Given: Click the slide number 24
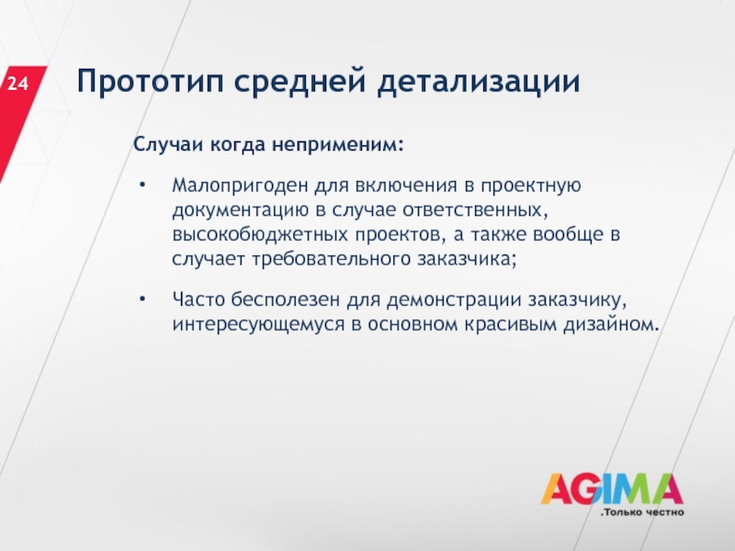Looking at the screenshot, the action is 17,84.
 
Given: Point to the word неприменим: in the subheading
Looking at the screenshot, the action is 338,144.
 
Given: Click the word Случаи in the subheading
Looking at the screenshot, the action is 168,144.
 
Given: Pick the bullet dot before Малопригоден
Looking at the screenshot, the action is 142,186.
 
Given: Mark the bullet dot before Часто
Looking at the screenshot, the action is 142,298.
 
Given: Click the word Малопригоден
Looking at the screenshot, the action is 240,186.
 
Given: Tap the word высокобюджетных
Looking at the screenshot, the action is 260,234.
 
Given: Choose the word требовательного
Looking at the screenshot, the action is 332,259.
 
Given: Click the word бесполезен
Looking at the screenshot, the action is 286,299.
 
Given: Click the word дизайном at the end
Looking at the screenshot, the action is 611,324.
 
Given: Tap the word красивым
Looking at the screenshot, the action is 510,324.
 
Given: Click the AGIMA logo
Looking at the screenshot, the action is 612,489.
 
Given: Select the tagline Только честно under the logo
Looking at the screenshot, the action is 642,512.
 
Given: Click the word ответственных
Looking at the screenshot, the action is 475,210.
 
